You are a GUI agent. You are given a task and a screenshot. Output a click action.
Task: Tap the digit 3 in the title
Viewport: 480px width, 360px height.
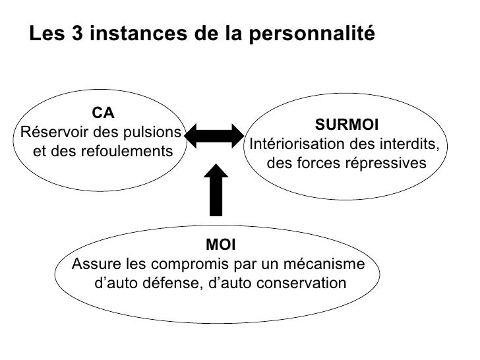tap(76, 34)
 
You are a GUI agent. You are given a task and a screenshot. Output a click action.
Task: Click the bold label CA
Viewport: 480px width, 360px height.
tap(103, 113)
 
